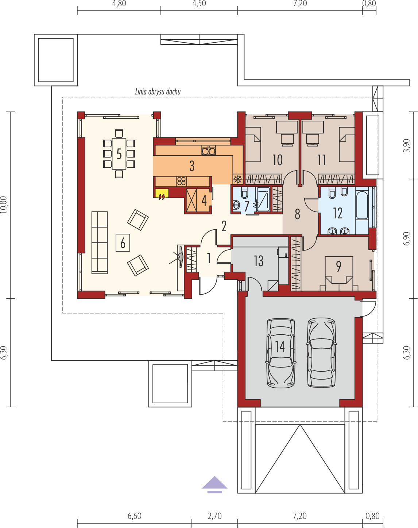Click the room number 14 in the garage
280,347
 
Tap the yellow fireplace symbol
162,194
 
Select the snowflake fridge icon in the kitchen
237,179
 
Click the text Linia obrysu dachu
158,92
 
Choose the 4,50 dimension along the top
199,4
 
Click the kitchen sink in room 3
209,150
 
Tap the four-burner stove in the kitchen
181,181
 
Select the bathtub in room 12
362,205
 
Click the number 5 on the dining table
119,154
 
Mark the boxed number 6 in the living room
123,242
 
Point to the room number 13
259,261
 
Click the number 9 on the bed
339,267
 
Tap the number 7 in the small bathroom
247,206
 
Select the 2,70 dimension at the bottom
215,516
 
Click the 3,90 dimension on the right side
406,145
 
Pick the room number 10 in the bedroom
278,160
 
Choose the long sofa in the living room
100,242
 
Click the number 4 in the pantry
204,201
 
